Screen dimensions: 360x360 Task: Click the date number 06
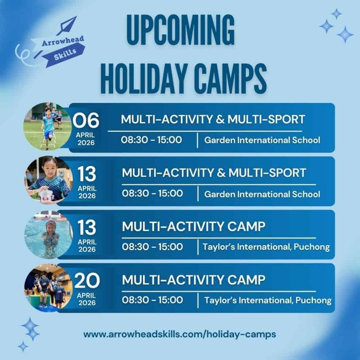pos(86,120)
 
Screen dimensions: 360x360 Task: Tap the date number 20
pos(87,280)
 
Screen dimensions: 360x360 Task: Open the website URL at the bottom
pos(180,334)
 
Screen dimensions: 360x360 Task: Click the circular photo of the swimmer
pos(49,235)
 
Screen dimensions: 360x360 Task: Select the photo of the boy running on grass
pos(47,126)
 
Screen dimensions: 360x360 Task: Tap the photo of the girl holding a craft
pos(49,180)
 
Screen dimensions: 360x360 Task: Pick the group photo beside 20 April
pos(49,288)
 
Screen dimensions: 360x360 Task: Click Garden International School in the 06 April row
pos(262,140)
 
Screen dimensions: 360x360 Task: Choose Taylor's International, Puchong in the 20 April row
pos(268,300)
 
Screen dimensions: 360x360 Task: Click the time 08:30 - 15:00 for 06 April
pos(152,140)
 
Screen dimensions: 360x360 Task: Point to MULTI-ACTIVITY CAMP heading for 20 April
pos(194,280)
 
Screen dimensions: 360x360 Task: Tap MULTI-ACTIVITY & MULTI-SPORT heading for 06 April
pos(213,119)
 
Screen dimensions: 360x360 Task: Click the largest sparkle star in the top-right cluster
pos(345,35)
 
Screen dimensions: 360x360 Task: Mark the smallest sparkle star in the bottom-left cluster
pos(23,346)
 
